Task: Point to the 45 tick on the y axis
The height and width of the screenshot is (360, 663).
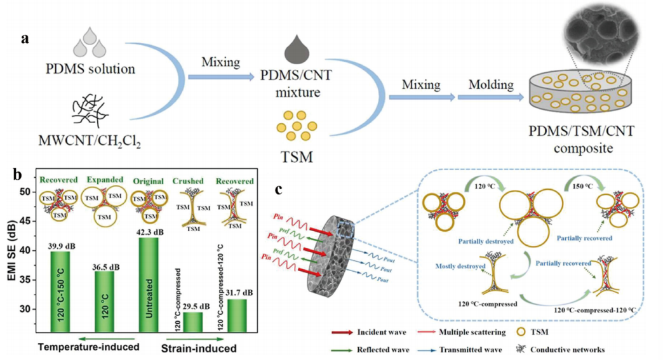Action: pyautogui.click(x=26, y=221)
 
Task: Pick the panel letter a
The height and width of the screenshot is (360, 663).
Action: pyautogui.click(x=26, y=39)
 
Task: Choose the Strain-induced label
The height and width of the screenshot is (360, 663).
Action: pyautogui.click(x=199, y=348)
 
